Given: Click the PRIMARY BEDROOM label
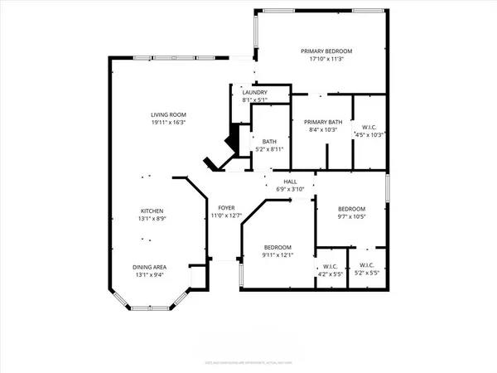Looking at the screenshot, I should pos(320,51).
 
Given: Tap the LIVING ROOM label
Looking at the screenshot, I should pos(167,114).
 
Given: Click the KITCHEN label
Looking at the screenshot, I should pos(151,211).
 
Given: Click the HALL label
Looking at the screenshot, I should pos(290,182).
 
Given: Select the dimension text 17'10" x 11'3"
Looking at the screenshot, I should pos(320,59).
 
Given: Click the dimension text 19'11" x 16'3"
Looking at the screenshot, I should pos(167,122).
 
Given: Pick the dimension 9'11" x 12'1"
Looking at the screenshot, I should pos(277,254).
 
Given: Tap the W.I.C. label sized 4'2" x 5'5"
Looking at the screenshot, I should pos(331,267).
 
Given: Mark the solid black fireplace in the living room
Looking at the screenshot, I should pos(234,137).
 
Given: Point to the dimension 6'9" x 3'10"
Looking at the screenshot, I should pos(290,189).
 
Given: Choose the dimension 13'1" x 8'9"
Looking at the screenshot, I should pos(151,219).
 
